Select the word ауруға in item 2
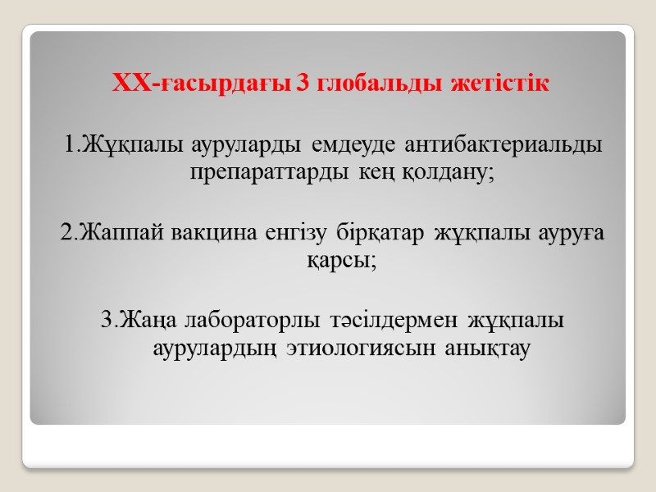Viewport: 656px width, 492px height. coord(569,233)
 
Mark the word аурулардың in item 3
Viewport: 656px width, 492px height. coord(205,348)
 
